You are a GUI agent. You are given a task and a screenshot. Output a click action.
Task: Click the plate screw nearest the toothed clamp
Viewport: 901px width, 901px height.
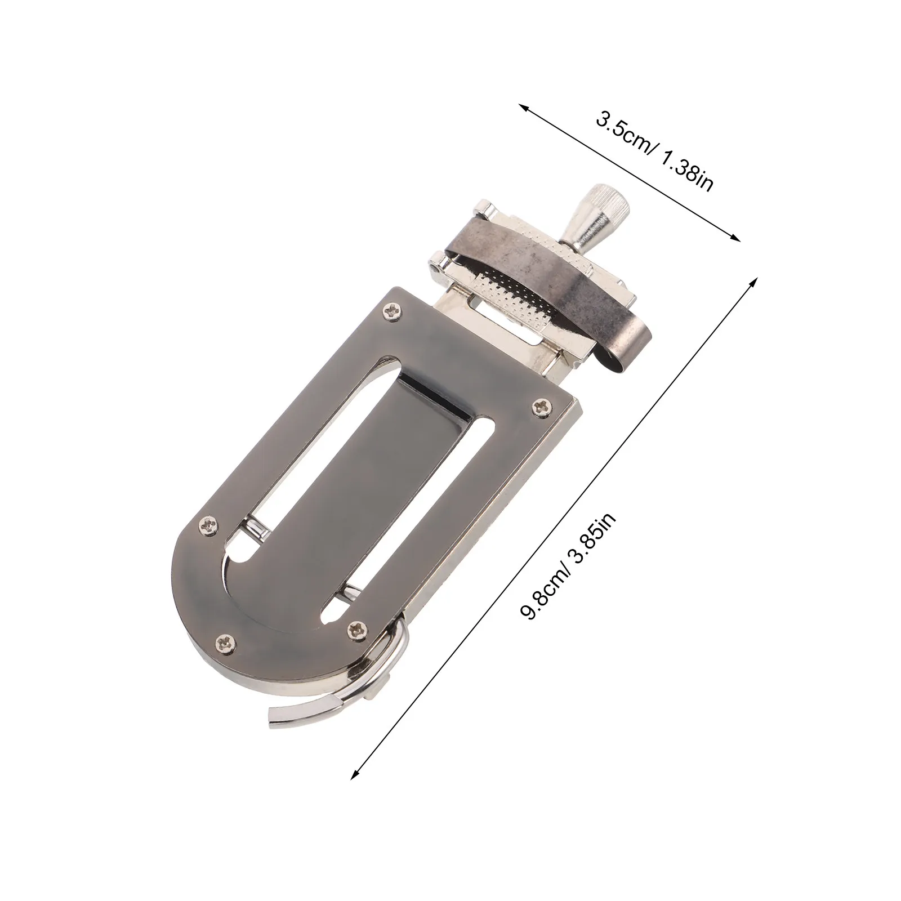click(x=391, y=310)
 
